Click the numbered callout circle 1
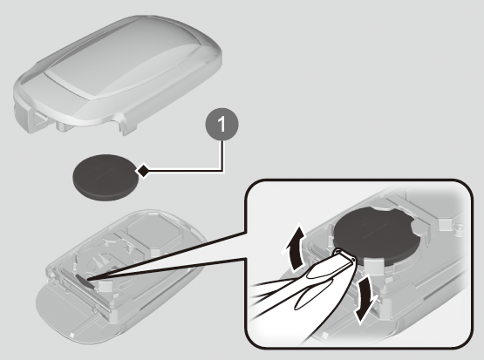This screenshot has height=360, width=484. coord(222,125)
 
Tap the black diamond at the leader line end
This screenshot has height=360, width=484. coord(142,171)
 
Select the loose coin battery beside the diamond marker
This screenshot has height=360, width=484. coord(106,177)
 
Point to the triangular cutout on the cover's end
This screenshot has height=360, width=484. coord(39,119)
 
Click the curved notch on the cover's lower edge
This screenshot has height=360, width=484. coord(118,119)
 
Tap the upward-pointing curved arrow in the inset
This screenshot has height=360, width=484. coord(295,248)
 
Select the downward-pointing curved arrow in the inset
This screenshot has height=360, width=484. coord(365,298)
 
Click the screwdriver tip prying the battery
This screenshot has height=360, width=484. coord(345,255)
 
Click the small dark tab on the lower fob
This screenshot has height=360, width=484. coord(85,281)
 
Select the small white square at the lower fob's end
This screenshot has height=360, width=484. coord(72,334)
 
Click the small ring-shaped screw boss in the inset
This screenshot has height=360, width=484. coord(460,228)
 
